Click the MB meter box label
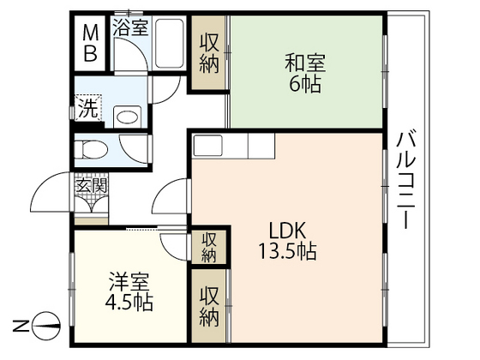(91, 45)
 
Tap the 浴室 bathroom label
(130, 27)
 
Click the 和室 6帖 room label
(305, 72)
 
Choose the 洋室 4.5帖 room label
(129, 291)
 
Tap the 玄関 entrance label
(92, 184)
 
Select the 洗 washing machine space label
(87, 109)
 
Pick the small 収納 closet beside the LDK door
(209, 247)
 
